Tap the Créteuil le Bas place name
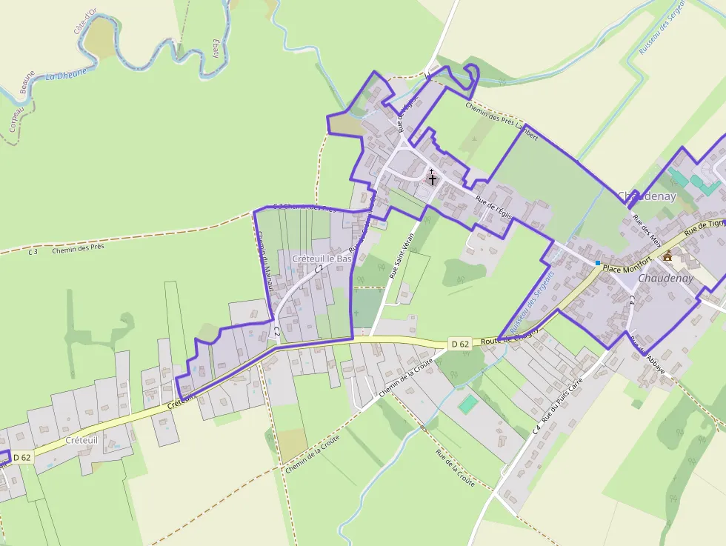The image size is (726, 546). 322,259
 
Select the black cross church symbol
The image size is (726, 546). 433,179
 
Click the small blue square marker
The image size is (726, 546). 598,263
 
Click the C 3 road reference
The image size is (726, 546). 33,252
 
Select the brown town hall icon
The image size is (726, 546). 667,256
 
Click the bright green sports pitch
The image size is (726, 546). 467,404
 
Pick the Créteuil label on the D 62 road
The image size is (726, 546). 81,440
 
